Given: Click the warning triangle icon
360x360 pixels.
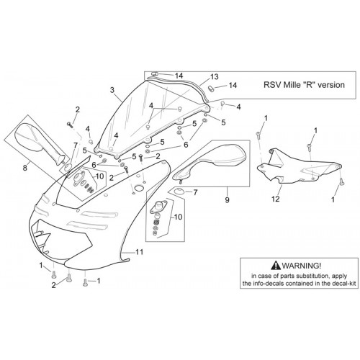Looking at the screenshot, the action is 276,265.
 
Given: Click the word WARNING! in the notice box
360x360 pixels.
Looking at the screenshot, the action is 301,266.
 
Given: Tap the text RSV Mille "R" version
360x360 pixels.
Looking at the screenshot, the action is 304,85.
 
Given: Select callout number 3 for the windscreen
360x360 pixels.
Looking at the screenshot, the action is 112,90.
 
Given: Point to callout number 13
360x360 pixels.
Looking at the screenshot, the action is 215,76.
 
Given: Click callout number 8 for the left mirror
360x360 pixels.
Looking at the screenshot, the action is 25,168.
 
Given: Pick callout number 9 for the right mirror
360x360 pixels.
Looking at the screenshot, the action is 227,199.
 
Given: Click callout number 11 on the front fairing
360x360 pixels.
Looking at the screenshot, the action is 139,252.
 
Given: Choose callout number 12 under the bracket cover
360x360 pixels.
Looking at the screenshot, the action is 276,199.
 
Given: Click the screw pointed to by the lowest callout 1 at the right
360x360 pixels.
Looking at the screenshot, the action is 341,182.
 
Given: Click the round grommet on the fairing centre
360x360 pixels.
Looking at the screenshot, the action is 138,188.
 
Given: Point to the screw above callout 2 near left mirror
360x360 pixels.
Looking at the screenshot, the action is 70,125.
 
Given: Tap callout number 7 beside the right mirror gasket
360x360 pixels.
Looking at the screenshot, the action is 195,192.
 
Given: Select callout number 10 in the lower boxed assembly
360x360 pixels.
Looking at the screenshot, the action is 179,217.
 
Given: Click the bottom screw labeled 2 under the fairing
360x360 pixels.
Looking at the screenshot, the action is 69,279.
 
